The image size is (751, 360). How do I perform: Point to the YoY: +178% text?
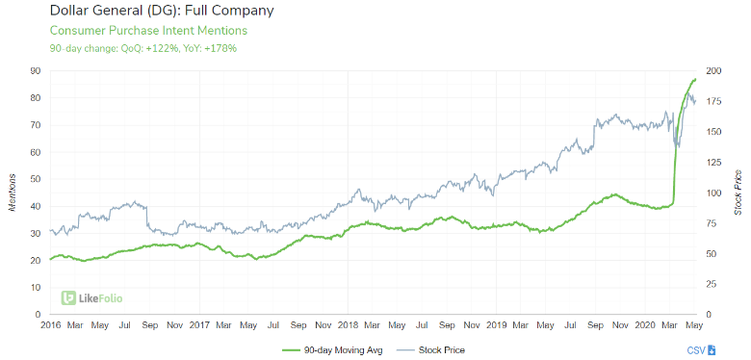[x=210, y=48]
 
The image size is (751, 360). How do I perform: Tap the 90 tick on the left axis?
[x=34, y=70]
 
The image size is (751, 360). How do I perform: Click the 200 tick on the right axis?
[x=713, y=70]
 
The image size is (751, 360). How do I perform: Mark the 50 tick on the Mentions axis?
[x=34, y=179]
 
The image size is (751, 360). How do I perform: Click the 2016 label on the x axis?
[x=51, y=326]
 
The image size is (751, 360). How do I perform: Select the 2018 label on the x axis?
[x=350, y=326]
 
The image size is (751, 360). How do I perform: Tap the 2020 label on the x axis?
[x=646, y=326]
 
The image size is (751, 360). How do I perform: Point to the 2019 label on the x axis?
[x=498, y=326]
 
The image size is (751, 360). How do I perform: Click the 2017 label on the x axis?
[x=199, y=326]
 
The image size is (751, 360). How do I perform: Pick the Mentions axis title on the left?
[x=13, y=193]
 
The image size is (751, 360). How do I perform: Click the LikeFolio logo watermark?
[x=91, y=298]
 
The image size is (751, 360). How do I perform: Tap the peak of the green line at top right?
[x=694, y=79]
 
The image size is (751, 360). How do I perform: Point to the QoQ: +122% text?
[x=145, y=48]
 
